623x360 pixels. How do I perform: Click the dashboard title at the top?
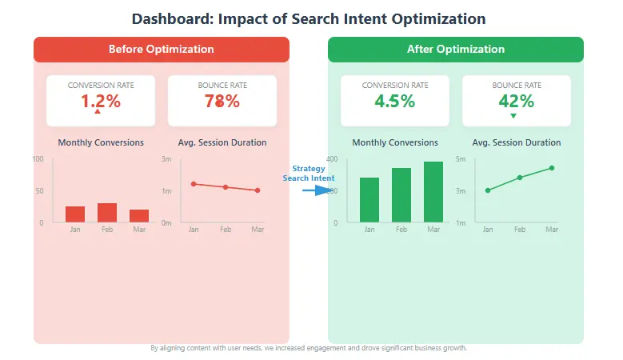click(x=308, y=18)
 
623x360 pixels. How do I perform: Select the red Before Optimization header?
click(x=161, y=49)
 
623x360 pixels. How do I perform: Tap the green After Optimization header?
click(x=455, y=49)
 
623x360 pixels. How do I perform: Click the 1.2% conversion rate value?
click(x=100, y=101)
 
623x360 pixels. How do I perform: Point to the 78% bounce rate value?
click(x=222, y=101)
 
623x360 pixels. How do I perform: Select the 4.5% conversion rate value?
click(x=394, y=101)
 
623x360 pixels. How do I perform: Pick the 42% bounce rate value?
click(x=516, y=101)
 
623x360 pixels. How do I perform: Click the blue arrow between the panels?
click(x=321, y=190)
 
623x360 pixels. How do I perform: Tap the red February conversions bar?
click(x=107, y=213)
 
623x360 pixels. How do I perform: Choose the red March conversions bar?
click(x=139, y=216)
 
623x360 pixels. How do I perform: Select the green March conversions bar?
click(x=433, y=192)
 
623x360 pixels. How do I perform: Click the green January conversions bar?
click(x=369, y=200)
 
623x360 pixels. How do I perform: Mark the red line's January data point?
click(x=194, y=184)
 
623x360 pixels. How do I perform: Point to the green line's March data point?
click(x=552, y=168)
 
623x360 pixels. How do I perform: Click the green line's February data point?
click(x=520, y=178)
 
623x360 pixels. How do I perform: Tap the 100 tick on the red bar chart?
click(x=38, y=159)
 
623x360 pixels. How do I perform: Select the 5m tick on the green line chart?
click(x=460, y=159)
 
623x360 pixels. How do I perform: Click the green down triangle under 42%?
click(x=513, y=116)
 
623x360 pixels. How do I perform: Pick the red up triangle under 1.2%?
click(x=98, y=112)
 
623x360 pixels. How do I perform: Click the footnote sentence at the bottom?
click(x=308, y=349)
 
